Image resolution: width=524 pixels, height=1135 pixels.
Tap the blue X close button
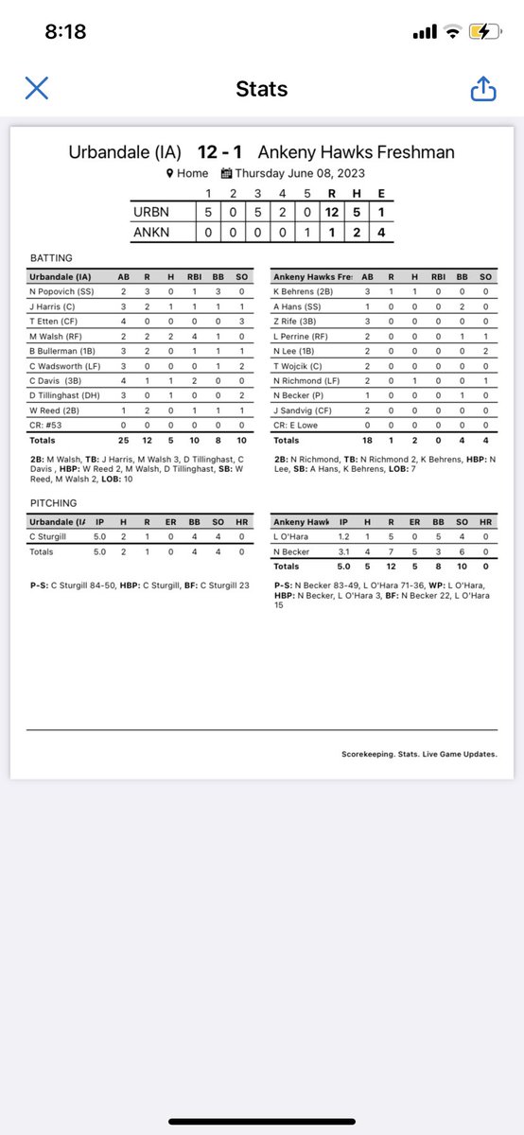click(36, 88)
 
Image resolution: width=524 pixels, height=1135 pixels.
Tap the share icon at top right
click(483, 88)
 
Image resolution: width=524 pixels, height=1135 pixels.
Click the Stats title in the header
click(261, 89)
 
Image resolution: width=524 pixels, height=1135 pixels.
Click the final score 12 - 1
click(223, 152)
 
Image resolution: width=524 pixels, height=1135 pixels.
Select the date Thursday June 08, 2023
click(300, 173)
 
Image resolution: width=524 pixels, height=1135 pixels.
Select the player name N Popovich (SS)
click(63, 292)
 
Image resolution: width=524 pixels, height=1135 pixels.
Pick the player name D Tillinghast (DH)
click(66, 396)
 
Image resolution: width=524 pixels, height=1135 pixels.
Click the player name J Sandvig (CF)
click(304, 410)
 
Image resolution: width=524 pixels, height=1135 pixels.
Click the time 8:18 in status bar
click(66, 31)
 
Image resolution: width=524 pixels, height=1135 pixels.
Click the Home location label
click(188, 173)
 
